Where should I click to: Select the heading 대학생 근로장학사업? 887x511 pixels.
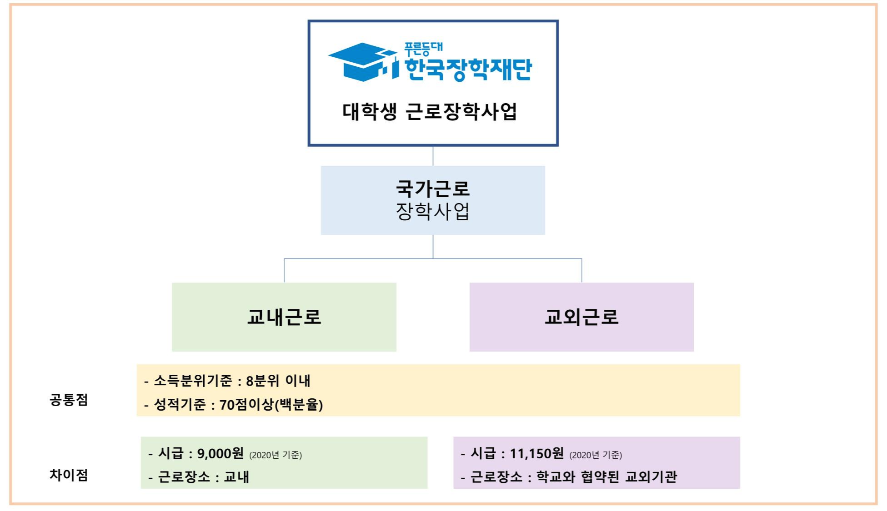(429, 112)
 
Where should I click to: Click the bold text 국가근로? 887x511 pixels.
(432, 188)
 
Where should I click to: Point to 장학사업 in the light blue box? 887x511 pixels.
(432, 212)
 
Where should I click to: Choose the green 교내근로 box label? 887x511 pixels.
(284, 317)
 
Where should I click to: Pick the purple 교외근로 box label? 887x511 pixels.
(581, 317)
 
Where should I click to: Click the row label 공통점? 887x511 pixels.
(69, 400)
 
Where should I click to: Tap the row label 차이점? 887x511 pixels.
(69, 475)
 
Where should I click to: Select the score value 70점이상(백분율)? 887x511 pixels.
(271, 404)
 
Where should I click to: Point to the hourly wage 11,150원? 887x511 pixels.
(536, 453)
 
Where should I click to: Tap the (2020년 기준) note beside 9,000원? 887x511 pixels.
(276, 455)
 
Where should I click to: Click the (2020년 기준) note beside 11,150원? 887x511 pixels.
(596, 455)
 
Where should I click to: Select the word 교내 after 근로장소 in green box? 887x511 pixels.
(236, 477)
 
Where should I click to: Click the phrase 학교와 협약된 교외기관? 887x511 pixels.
(606, 476)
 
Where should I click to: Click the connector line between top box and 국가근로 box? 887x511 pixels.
(433, 156)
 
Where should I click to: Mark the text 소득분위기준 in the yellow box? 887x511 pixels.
(193, 381)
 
